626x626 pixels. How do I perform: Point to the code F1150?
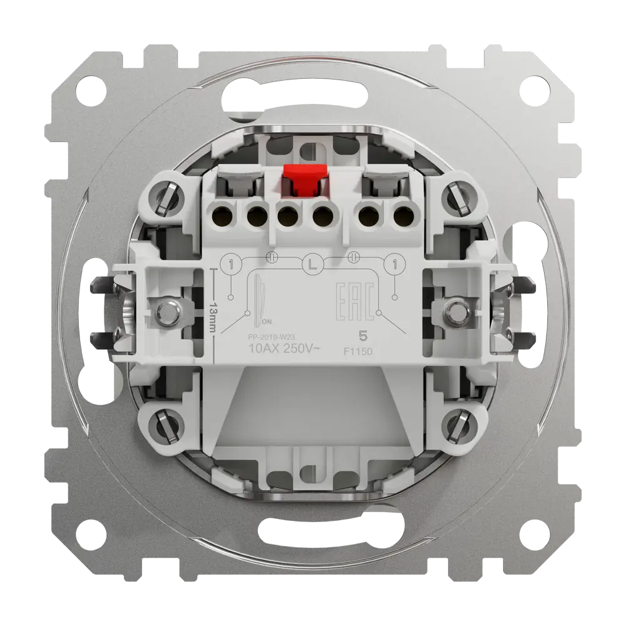(x=361, y=353)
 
